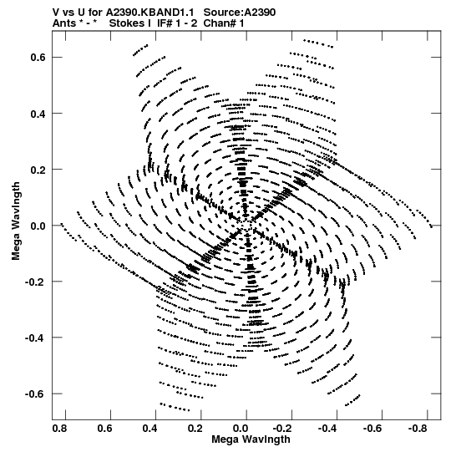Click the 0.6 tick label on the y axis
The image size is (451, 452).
(x=38, y=58)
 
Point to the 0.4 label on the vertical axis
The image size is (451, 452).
(x=38, y=114)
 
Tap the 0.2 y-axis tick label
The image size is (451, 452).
(x=38, y=170)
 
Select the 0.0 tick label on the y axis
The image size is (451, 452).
(x=38, y=226)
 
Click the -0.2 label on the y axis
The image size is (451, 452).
(x=35, y=282)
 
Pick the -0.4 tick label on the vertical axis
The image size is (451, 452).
(x=35, y=338)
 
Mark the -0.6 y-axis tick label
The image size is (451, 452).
(x=35, y=394)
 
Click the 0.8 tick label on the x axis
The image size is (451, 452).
(x=60, y=429)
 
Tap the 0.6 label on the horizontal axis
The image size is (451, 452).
(x=105, y=429)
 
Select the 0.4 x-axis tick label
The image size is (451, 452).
(x=150, y=429)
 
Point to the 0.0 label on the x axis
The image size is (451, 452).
(x=241, y=429)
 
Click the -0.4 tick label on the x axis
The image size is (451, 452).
(x=328, y=429)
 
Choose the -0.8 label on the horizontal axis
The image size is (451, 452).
(x=418, y=429)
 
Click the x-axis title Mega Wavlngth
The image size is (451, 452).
(x=251, y=439)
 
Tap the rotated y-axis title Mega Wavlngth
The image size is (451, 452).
(x=16, y=221)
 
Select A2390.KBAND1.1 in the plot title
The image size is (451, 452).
(x=149, y=13)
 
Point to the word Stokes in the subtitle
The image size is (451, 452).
(x=129, y=23)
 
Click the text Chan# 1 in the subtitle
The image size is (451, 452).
(x=224, y=23)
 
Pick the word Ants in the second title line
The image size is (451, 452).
(x=64, y=23)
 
